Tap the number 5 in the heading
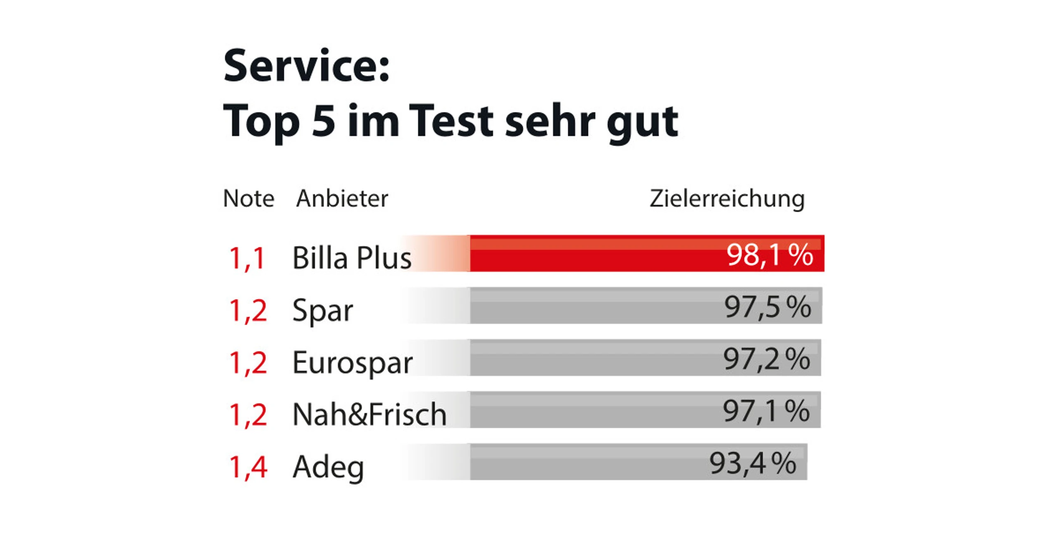click(324, 120)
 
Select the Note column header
click(248, 198)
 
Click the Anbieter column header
click(342, 198)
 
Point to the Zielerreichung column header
click(727, 199)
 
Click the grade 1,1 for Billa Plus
click(247, 258)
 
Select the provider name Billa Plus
click(352, 258)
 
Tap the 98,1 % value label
click(770, 255)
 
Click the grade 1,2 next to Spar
click(248, 311)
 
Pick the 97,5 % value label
click(767, 307)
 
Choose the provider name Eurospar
click(352, 363)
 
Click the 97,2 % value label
click(766, 359)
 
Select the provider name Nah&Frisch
click(369, 414)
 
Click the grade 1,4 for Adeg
click(248, 467)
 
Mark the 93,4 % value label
click(753, 463)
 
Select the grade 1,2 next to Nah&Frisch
click(248, 414)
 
